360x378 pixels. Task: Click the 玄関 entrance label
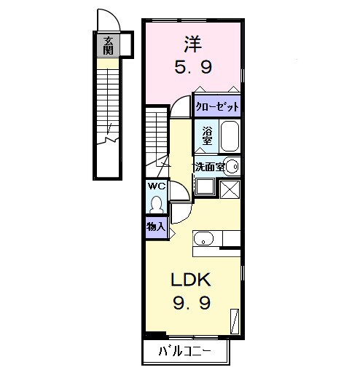coord(107,45)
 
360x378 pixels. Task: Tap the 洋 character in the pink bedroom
coord(192,44)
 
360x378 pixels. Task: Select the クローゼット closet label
coord(216,106)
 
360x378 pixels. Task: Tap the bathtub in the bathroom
coord(229,136)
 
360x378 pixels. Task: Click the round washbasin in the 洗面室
coord(232,167)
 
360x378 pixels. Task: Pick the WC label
coord(157,186)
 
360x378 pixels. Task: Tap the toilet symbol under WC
coord(157,202)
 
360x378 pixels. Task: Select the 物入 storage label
coord(156,227)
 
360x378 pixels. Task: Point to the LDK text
coord(191,280)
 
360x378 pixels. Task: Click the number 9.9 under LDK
coord(191,302)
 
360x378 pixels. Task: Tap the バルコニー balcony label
coord(185,353)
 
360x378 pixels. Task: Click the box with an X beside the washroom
coord(230,188)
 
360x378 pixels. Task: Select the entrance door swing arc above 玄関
coord(106,20)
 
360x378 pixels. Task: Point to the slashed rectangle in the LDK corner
coord(235,320)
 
